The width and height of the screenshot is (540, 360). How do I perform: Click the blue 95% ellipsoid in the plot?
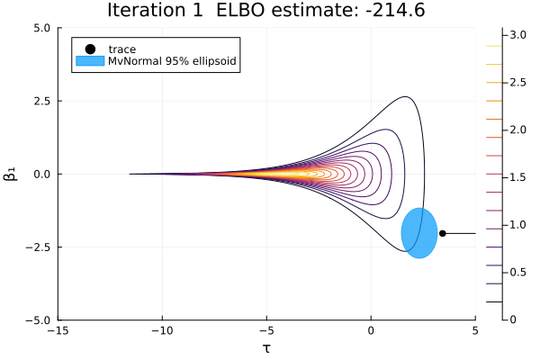pyautogui.click(x=418, y=233)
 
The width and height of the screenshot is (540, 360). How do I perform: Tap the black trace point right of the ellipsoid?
pyautogui.click(x=442, y=233)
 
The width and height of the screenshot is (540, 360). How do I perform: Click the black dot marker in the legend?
pyautogui.click(x=90, y=48)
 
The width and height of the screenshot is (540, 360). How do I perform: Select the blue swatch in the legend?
pyautogui.click(x=90, y=61)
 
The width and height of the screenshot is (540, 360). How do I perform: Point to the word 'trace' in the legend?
pyautogui.click(x=122, y=48)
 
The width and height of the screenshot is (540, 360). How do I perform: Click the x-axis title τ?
pyautogui.click(x=266, y=347)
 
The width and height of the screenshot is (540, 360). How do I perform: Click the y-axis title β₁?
pyautogui.click(x=11, y=174)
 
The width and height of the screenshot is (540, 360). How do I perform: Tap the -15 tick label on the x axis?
pyautogui.click(x=58, y=331)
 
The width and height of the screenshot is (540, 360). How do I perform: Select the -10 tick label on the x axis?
pyautogui.click(x=163, y=331)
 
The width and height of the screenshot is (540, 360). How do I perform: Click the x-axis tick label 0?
pyautogui.click(x=371, y=331)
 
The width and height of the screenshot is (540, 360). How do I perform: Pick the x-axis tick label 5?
pyautogui.click(x=475, y=331)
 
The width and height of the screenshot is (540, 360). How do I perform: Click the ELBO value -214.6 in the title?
pyautogui.click(x=399, y=12)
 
